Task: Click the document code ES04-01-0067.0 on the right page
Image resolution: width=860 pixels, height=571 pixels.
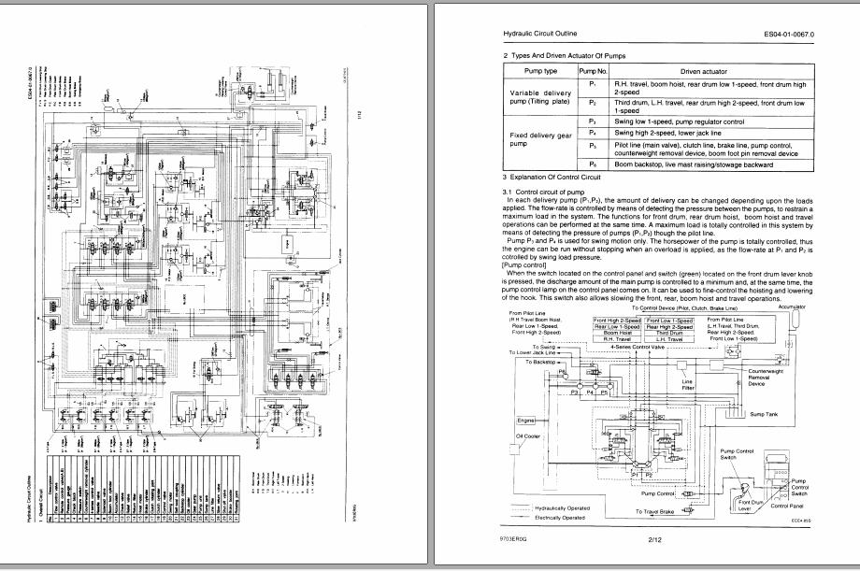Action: coord(789,34)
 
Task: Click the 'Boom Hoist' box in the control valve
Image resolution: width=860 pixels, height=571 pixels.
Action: coord(617,333)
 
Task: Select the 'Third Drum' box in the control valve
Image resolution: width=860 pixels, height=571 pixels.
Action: coord(669,333)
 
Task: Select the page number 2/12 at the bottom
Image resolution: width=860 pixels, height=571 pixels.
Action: coord(654,540)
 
